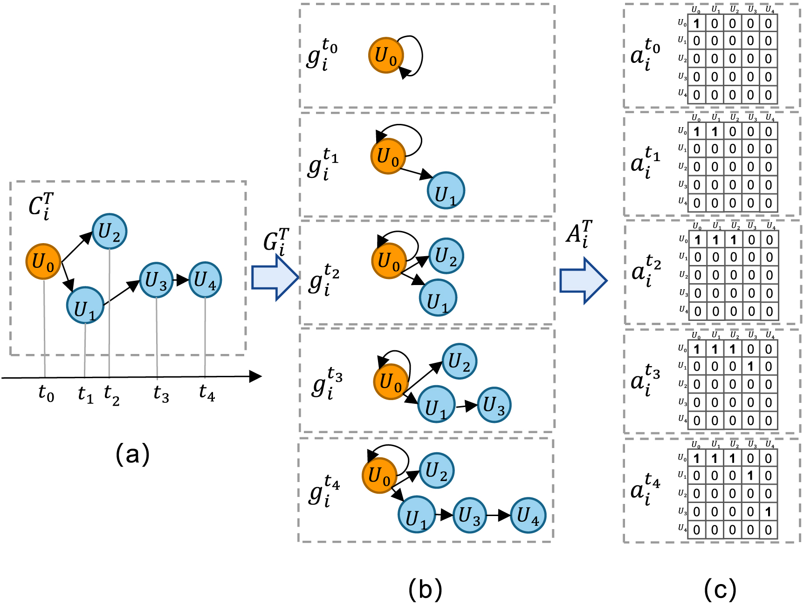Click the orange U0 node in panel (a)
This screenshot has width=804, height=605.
click(43, 262)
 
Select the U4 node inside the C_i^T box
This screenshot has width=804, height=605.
click(205, 280)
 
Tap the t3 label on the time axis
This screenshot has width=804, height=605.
click(161, 394)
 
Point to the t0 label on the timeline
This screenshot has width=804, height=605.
click(46, 394)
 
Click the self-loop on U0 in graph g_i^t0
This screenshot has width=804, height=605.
click(417, 56)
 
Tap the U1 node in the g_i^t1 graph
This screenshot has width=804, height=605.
click(446, 191)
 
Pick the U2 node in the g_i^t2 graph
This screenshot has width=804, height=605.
click(446, 256)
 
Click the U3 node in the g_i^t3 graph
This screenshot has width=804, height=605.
click(494, 405)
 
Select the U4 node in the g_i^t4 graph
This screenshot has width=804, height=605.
click(528, 515)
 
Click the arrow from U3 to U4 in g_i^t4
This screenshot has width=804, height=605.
click(498, 515)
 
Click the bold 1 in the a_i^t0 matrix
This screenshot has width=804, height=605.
click(696, 23)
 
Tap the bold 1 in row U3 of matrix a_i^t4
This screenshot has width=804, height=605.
click(768, 512)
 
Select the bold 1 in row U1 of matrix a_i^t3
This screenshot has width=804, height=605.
click(750, 367)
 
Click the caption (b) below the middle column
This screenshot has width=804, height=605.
click(425, 589)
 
